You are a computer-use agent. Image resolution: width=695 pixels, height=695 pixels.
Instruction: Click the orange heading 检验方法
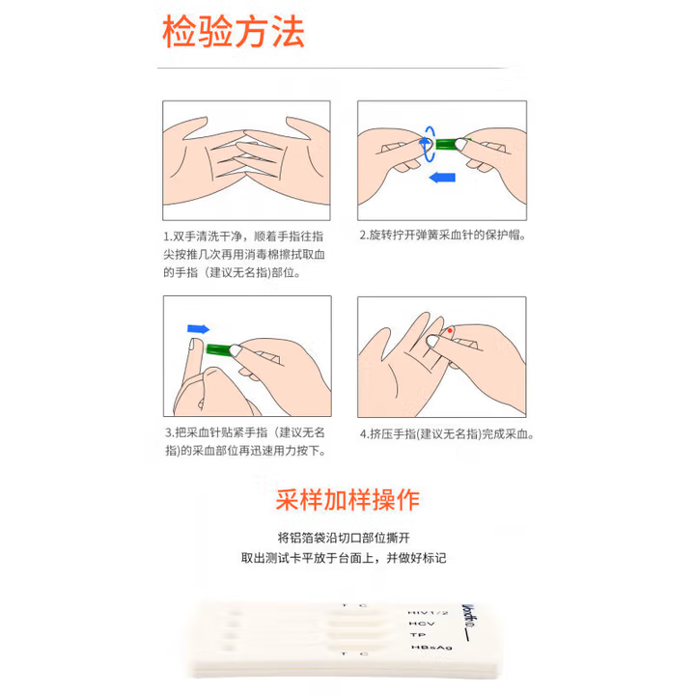pyautogui.click(x=234, y=31)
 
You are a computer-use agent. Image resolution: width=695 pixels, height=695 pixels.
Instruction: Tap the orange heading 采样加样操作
pyautogui.click(x=347, y=500)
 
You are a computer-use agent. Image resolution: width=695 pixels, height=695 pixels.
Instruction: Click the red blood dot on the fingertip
pyautogui.click(x=450, y=331)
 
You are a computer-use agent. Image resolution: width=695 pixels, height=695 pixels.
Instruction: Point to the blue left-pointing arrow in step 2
pyautogui.click(x=442, y=178)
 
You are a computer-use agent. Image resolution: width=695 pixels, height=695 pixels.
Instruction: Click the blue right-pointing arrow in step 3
pyautogui.click(x=198, y=329)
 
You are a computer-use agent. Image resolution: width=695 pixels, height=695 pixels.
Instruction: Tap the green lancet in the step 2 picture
pyautogui.click(x=450, y=144)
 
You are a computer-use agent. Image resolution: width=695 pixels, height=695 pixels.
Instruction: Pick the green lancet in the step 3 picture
pyautogui.click(x=219, y=349)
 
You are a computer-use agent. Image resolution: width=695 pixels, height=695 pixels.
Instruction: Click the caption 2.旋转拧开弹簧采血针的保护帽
pyautogui.click(x=442, y=235)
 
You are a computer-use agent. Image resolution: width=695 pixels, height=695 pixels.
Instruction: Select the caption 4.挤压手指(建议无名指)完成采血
pyautogui.click(x=447, y=434)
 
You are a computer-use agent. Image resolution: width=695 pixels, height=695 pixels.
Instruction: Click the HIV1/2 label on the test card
pyautogui.click(x=428, y=613)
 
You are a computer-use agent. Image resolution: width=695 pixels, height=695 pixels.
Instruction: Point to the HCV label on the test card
pyautogui.click(x=422, y=624)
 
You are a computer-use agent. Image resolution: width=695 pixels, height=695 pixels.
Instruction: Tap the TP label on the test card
pyautogui.click(x=418, y=635)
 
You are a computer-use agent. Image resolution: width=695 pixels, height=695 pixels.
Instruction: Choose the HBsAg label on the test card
pyautogui.click(x=431, y=648)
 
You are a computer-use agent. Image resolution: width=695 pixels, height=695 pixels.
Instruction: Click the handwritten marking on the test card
pyautogui.click(x=468, y=621)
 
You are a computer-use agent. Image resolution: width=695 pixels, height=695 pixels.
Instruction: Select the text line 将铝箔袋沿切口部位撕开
pyautogui.click(x=344, y=538)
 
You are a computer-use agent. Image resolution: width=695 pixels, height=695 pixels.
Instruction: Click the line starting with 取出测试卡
pyautogui.click(x=344, y=558)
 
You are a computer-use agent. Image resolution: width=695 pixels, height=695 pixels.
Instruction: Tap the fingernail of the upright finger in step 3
pyautogui.click(x=194, y=345)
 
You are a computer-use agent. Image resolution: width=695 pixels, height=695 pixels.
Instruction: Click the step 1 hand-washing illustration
pyautogui.click(x=246, y=160)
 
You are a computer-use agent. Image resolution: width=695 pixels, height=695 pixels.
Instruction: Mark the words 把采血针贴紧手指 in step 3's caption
pyautogui.click(x=221, y=432)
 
